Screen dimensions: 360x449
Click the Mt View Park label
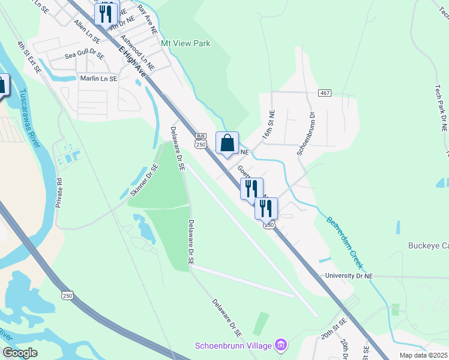[x=185, y=44]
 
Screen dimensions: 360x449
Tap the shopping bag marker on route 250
[x=227, y=143]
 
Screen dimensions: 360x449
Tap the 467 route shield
[x=325, y=93]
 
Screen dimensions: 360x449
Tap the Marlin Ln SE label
[x=99, y=79]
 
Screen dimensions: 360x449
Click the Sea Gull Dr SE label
[x=85, y=54]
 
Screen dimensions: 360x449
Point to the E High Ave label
[x=133, y=61]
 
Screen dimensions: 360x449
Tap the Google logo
[x=20, y=353]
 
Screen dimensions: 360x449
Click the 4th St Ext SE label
[x=29, y=57]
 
